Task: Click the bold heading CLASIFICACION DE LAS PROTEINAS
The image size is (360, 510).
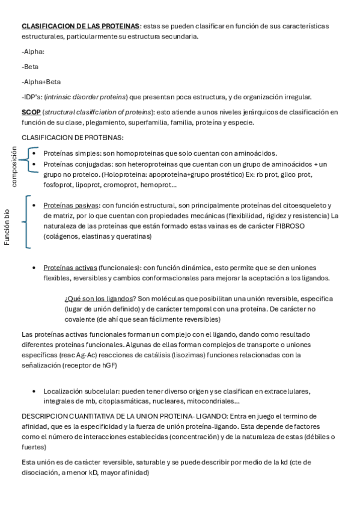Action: click(x=81, y=26)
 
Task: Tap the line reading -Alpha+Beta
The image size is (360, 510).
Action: click(x=41, y=82)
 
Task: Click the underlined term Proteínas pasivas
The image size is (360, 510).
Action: click(x=72, y=205)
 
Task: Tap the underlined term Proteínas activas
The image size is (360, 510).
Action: click(x=70, y=268)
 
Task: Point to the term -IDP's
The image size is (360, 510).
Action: click(x=32, y=97)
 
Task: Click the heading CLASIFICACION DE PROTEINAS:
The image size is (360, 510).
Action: click(x=72, y=138)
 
